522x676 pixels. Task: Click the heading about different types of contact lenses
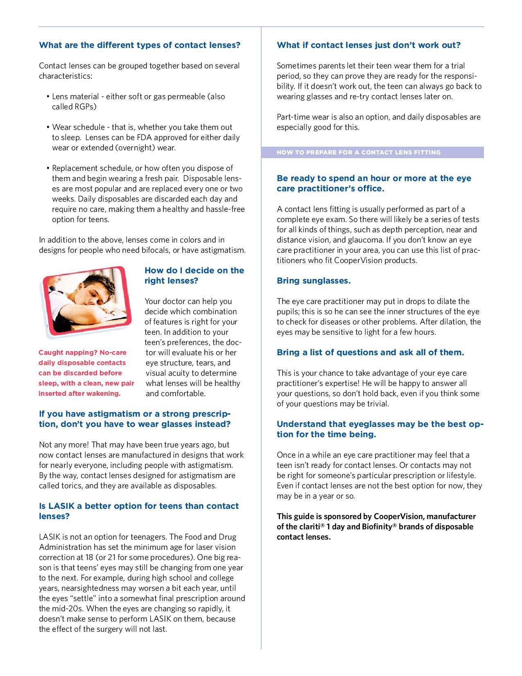140,45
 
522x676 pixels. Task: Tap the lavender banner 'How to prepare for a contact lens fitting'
359,152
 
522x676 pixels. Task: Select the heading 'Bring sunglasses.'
314,281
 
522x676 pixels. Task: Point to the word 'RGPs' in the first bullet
85,107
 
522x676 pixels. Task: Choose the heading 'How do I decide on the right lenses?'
194,275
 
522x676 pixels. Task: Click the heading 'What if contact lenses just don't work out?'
368,45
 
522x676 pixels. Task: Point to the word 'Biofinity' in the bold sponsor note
377,527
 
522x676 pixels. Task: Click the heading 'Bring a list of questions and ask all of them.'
371,352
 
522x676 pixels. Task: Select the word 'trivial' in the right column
377,404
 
